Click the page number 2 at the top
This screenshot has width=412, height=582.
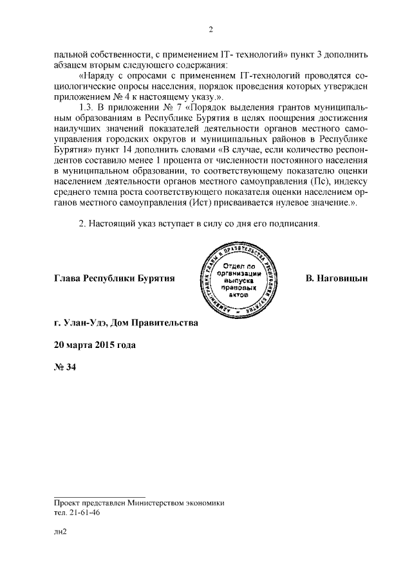210,30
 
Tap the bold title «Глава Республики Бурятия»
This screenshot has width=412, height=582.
115,278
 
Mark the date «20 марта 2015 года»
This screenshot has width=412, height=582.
95,344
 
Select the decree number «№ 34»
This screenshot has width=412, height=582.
65,367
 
